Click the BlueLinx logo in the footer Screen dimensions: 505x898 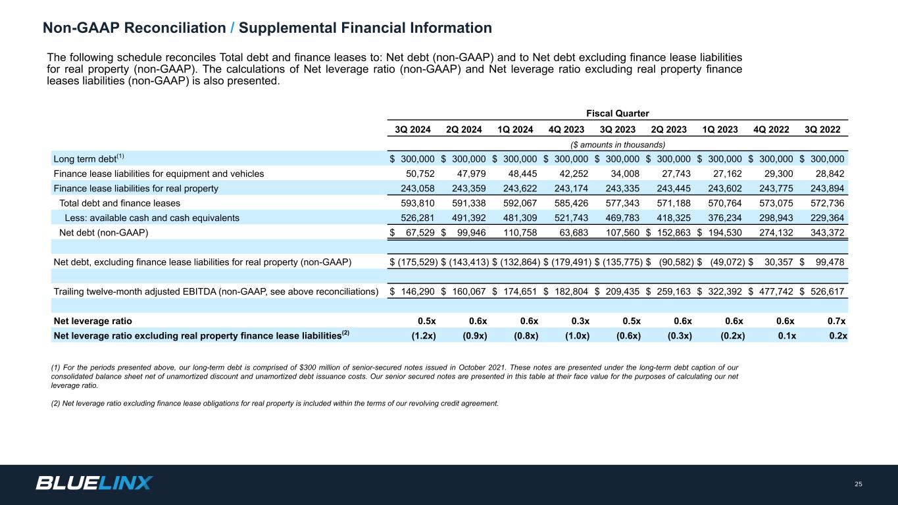tap(94, 483)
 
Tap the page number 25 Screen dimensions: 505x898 tap(858, 485)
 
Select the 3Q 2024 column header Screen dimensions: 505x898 tap(412, 130)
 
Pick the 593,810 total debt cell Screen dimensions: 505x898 tap(417, 203)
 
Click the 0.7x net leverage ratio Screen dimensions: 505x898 tap(836, 321)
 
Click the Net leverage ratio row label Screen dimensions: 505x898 tap(93, 321)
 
